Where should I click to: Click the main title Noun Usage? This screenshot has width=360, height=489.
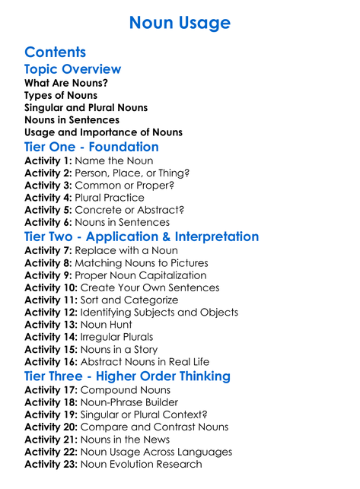[x=180, y=23]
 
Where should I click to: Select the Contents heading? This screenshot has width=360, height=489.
[x=55, y=52]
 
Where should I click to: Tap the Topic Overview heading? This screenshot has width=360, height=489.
[x=73, y=69]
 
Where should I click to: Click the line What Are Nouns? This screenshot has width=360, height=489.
[x=66, y=83]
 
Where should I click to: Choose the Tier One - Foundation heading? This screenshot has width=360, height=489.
[x=91, y=147]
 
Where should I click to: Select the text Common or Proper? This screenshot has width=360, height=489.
[x=132, y=186]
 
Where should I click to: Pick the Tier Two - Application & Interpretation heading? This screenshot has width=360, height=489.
[x=142, y=237]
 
